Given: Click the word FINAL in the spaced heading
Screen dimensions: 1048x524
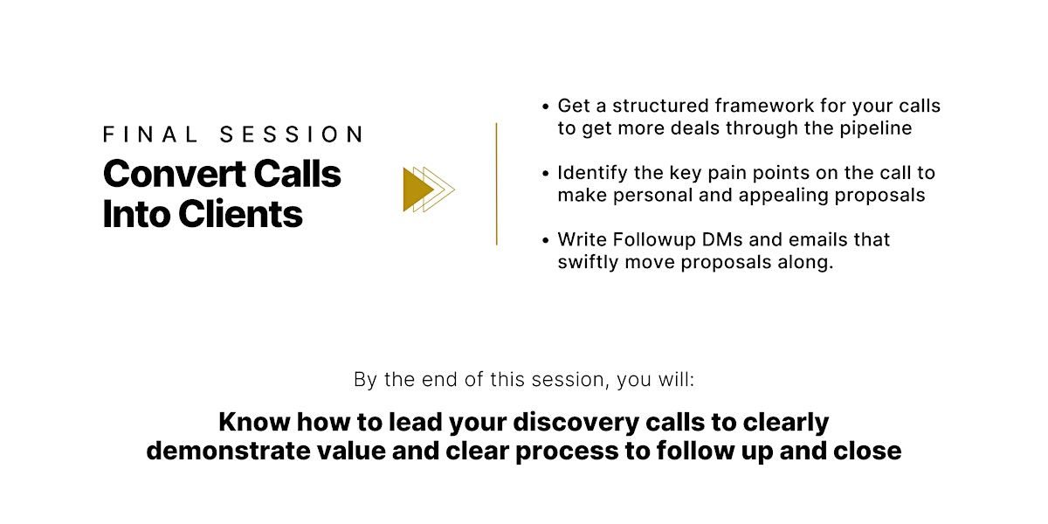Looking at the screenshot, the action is (149, 134).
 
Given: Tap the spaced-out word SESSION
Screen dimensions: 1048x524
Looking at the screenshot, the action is (291, 134).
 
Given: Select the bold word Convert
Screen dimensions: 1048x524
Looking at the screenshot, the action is (175, 174).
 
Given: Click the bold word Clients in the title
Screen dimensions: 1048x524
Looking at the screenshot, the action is (240, 214).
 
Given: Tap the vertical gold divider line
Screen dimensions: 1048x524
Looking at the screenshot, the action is (496, 184).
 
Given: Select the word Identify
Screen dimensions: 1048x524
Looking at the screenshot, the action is (592, 173).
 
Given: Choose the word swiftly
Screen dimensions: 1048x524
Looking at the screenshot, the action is (589, 262).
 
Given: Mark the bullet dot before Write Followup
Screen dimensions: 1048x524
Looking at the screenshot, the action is (545, 240).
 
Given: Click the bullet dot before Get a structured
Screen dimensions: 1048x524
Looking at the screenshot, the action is (545, 107).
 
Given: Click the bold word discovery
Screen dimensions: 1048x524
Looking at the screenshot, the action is (576, 422).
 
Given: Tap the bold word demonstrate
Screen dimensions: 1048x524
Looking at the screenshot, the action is (228, 451).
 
